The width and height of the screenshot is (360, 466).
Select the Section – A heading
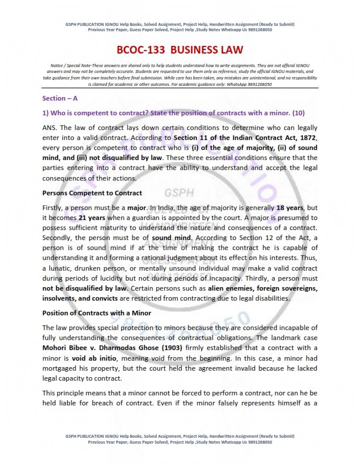[x=61, y=99]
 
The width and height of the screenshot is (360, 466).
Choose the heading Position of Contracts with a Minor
[x=97, y=312]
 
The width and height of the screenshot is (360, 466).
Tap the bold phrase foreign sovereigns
[x=281, y=287]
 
